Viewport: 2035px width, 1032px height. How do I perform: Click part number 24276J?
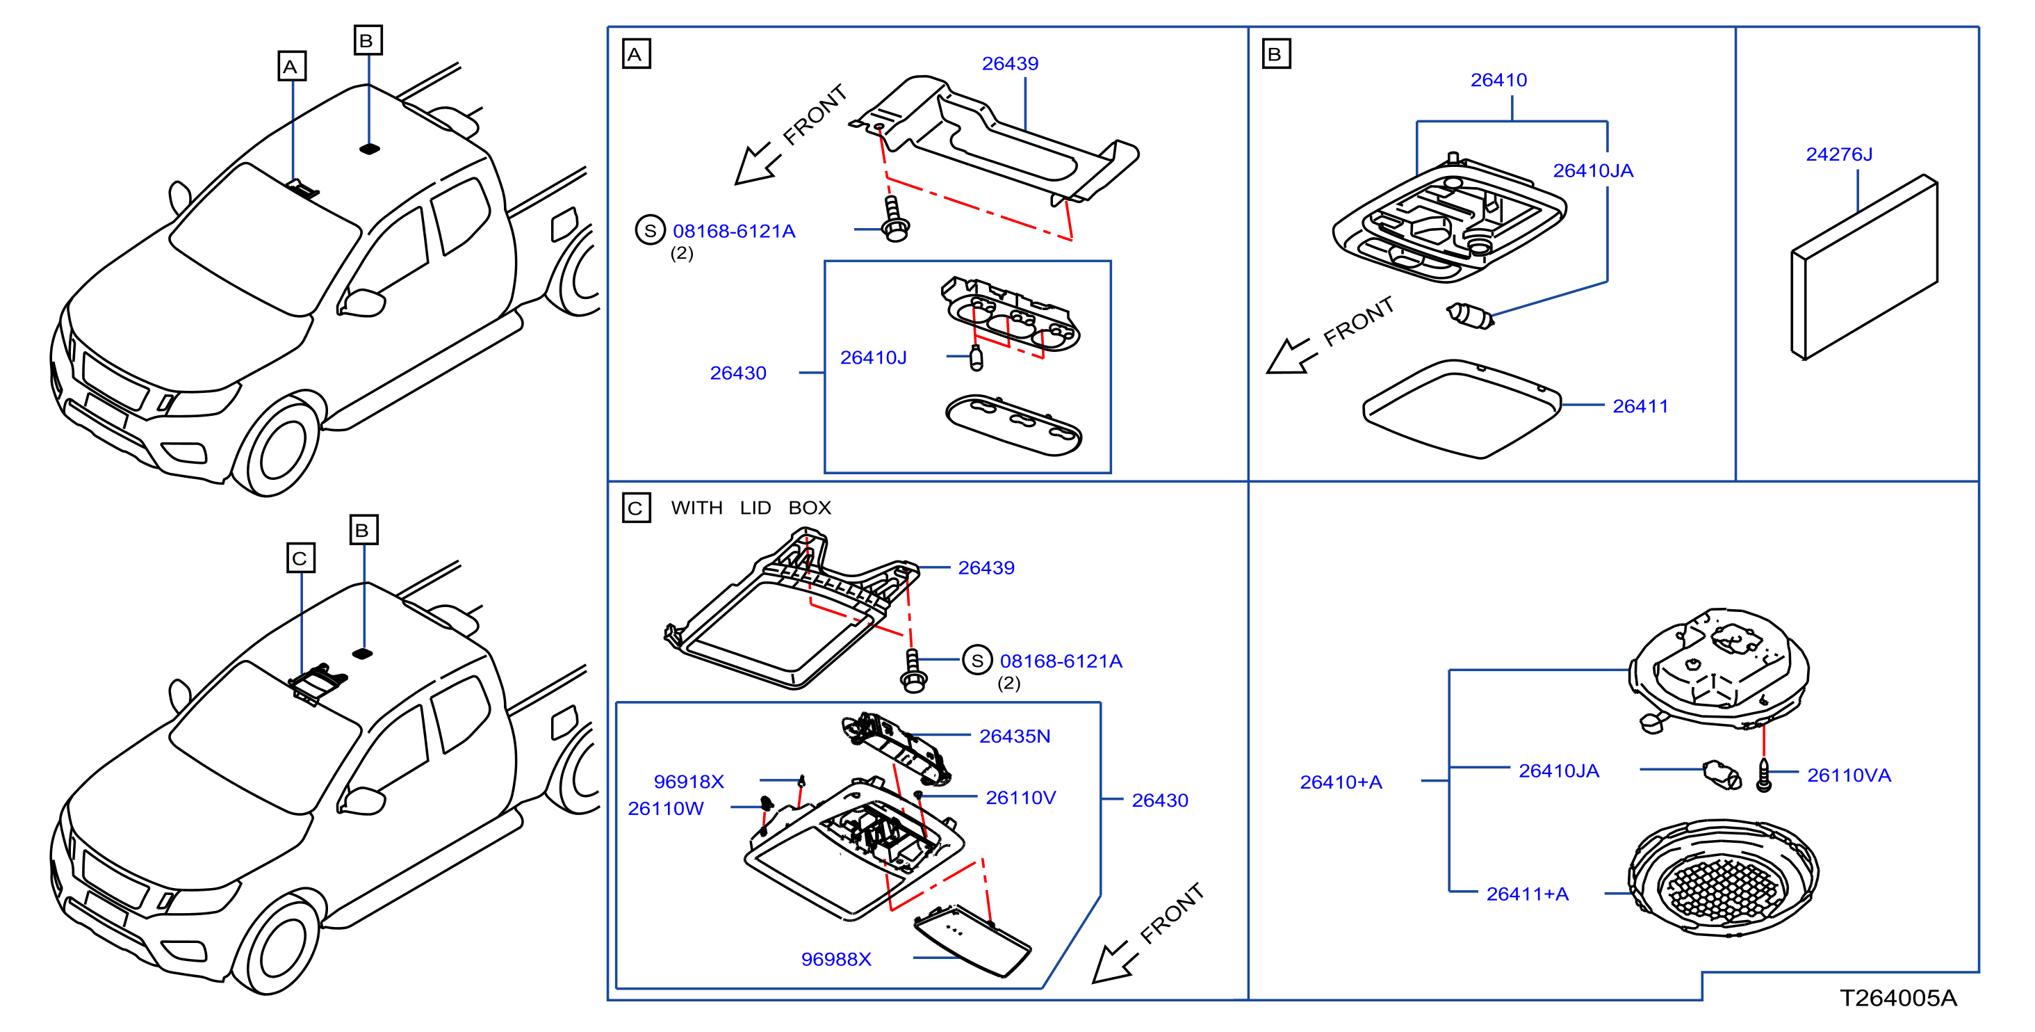(x=1838, y=154)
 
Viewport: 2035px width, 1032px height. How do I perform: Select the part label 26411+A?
(x=1527, y=894)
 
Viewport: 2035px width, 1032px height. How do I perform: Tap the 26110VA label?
(x=1849, y=775)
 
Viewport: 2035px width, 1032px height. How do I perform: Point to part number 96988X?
(x=836, y=959)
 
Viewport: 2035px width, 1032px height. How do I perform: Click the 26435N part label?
(x=1014, y=736)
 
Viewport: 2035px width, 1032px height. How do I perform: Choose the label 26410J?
(x=873, y=358)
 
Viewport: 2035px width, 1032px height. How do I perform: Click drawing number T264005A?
(x=1898, y=999)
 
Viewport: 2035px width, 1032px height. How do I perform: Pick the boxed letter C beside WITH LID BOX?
(x=636, y=508)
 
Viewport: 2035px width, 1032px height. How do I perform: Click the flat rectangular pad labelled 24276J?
(x=1863, y=267)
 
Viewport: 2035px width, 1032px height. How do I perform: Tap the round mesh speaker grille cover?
(x=1723, y=878)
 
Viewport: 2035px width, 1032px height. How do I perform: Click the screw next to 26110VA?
(x=1763, y=775)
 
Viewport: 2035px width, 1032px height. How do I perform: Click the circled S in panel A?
(x=650, y=231)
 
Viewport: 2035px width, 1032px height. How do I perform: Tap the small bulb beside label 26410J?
(x=976, y=357)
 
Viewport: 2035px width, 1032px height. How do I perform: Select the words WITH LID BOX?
(x=751, y=508)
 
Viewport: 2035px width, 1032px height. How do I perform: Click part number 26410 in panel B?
(x=1498, y=81)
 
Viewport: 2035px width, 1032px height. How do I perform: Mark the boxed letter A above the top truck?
(x=291, y=66)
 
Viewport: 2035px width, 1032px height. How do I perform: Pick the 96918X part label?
(x=688, y=782)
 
